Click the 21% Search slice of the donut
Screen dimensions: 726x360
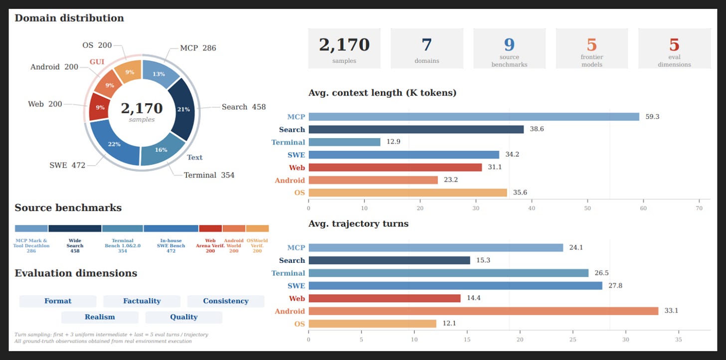tap(183, 109)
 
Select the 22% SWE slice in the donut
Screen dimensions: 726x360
tap(114, 144)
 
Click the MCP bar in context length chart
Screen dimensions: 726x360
tap(474, 117)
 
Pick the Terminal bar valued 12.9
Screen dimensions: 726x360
tap(345, 142)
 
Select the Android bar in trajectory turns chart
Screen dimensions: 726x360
tap(484, 311)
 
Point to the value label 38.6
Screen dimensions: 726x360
tap(537, 129)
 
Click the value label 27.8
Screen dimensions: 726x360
tap(615, 286)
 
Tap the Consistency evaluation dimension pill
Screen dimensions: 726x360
tap(226, 301)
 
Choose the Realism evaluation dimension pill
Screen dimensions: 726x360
tap(100, 317)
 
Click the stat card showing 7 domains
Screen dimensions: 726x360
tap(427, 48)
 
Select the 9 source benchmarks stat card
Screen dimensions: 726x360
tap(509, 48)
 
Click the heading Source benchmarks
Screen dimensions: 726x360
tap(68, 208)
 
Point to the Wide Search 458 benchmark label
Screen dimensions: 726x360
tap(75, 246)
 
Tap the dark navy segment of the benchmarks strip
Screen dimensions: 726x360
tap(75, 228)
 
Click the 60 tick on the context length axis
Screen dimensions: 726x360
tap(643, 208)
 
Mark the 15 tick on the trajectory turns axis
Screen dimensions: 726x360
tap(467, 340)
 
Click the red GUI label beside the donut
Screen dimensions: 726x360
tap(97, 61)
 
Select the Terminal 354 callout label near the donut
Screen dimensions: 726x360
tap(209, 175)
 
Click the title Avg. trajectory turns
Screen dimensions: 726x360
tap(359, 223)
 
